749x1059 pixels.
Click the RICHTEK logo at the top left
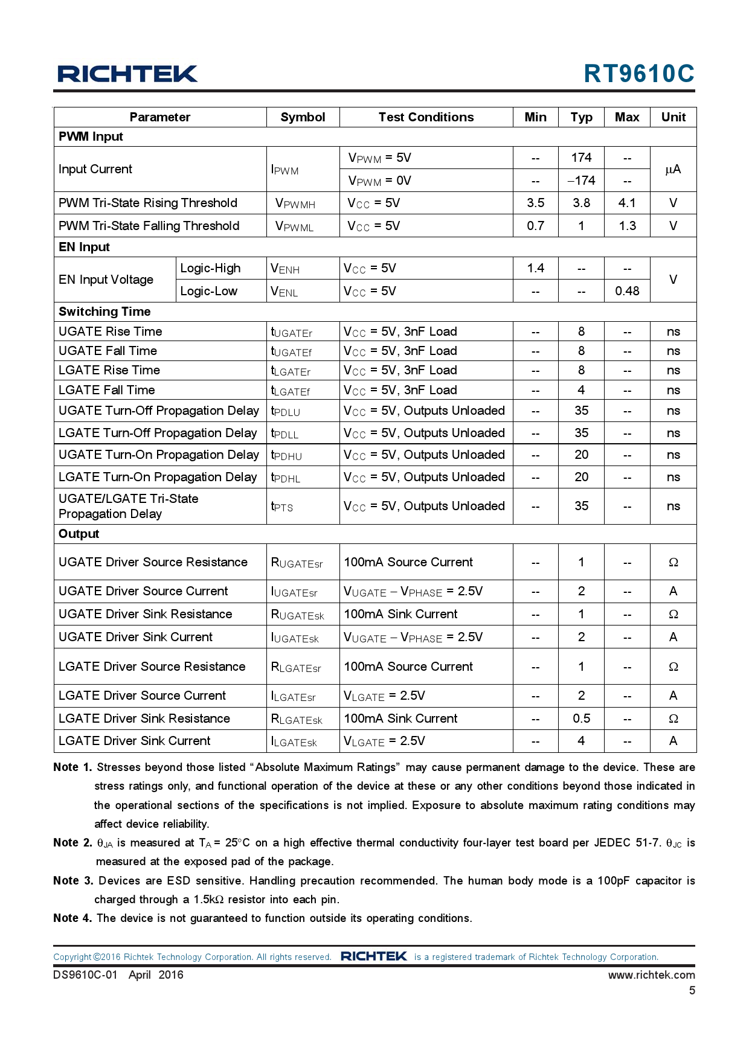pos(127,74)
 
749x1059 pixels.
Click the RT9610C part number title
pos(638,74)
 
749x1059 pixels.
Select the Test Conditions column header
pos(426,117)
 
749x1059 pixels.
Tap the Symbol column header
pos(303,117)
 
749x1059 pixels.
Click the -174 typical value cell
pos(581,181)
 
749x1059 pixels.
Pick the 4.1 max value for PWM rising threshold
pos(627,203)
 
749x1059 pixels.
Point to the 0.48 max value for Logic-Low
pos(627,291)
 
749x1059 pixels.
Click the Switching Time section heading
pos(104,312)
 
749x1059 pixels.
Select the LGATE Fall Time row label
pos(107,390)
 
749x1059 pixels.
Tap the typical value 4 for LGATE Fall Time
pos(581,390)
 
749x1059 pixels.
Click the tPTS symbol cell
pos(282,507)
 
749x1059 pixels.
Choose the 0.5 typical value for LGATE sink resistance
pos(581,718)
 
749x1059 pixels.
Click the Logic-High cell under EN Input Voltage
pos(210,268)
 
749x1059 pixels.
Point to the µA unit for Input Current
pos(673,169)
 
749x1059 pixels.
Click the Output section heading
pos(79,534)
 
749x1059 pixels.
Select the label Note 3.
pos(72,880)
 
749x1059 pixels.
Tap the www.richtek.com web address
pos(651,974)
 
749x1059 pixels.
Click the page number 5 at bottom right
pos(692,990)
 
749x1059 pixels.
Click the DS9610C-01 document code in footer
pos(85,974)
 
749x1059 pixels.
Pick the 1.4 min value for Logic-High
pos(535,268)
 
